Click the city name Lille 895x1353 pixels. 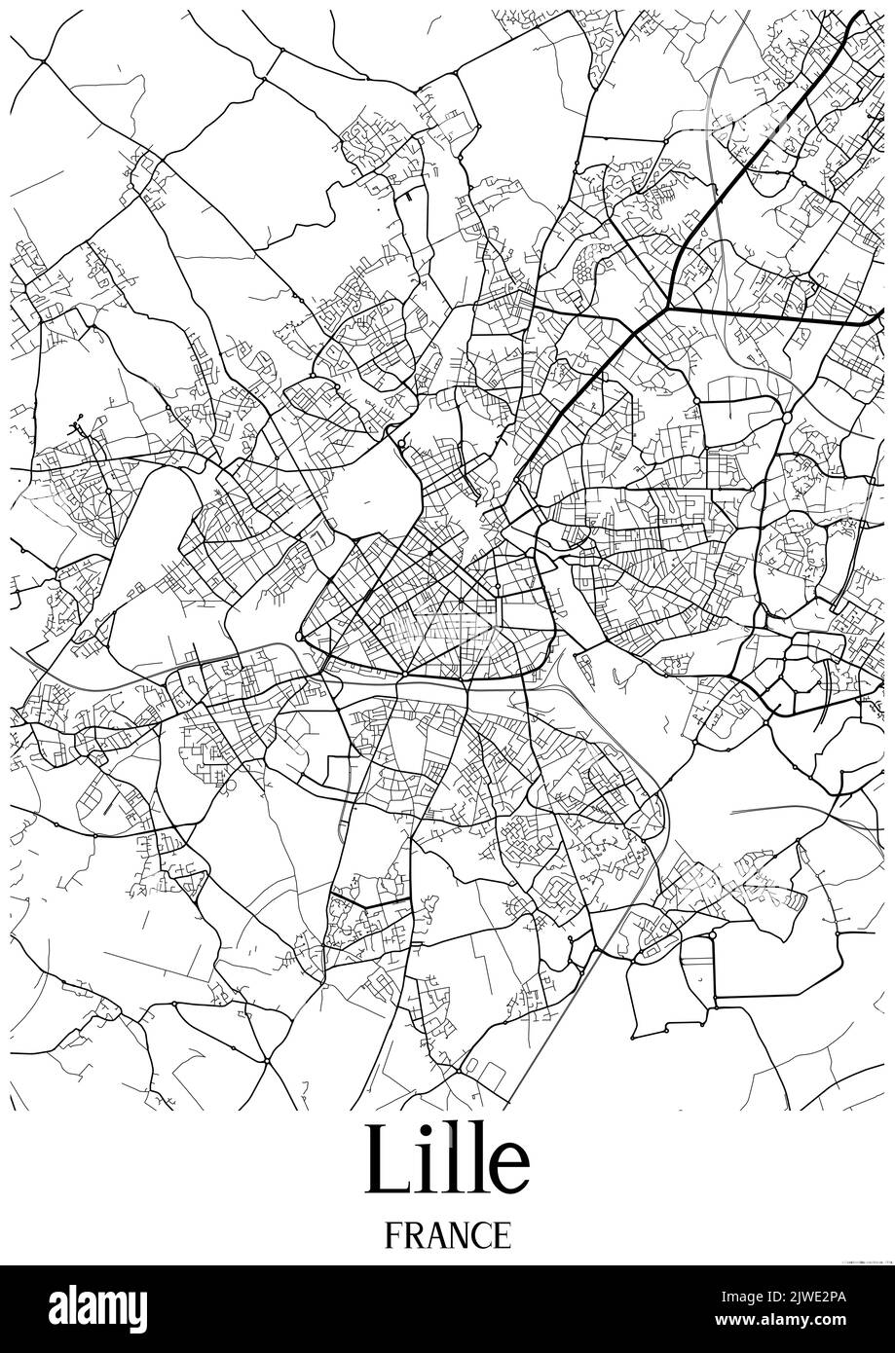coord(447,1162)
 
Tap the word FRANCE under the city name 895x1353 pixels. coord(447,1235)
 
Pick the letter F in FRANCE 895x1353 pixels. coord(392,1235)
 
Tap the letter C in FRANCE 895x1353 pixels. coord(480,1235)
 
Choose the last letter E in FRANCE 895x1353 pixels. coord(501,1235)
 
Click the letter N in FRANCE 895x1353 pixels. coord(458,1235)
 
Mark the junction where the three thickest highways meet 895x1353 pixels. coord(668,306)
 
